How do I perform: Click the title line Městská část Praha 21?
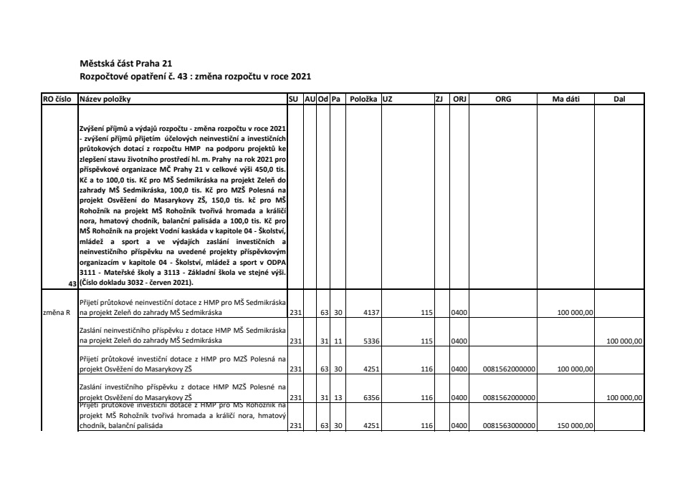[x=126, y=63]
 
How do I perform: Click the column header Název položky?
[x=105, y=99]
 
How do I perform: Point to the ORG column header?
[x=503, y=99]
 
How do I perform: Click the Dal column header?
[x=620, y=99]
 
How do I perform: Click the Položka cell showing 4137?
[x=371, y=313]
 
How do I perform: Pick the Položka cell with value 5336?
[x=371, y=341]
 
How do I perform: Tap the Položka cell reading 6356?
[x=371, y=398]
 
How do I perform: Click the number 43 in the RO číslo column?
[x=72, y=285]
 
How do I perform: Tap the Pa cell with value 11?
[x=338, y=341]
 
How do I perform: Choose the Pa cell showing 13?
[x=338, y=398]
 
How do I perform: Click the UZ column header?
[x=388, y=99]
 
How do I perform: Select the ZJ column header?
[x=439, y=99]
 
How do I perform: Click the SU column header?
[x=292, y=99]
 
